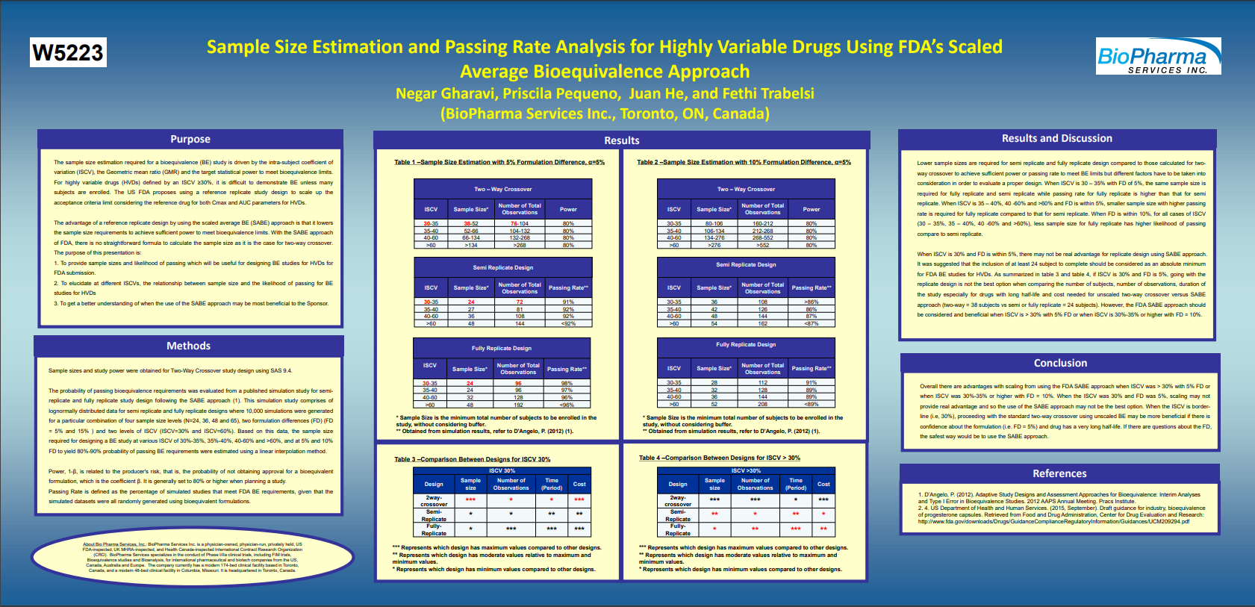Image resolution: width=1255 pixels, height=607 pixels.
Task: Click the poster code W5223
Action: coord(68,53)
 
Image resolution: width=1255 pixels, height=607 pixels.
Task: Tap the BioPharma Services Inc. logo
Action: coord(1158,57)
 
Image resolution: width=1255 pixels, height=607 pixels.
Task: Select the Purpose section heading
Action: coord(190,140)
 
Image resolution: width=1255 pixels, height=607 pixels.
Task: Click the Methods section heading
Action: coord(188,346)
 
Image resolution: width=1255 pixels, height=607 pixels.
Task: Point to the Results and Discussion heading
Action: coord(1056,139)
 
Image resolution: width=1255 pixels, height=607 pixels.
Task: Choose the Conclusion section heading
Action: coord(1060,364)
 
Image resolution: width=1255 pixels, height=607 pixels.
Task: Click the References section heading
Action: coord(1059,474)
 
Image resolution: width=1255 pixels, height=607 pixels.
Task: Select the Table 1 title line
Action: coord(499,162)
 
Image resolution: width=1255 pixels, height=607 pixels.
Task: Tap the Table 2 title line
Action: coord(744,162)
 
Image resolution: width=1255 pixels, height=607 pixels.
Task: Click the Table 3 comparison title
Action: coord(472,459)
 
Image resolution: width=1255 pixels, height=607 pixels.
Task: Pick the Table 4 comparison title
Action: coord(719,458)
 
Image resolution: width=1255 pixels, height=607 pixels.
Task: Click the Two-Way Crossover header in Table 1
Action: coord(503,190)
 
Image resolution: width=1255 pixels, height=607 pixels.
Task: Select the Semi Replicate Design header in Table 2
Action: coord(746,265)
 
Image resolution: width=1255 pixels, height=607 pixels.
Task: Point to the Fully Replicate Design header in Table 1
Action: coord(502,349)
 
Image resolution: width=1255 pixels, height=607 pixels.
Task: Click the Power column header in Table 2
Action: coord(812,210)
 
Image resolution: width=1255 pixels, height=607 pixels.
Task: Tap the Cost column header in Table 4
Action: coord(823,485)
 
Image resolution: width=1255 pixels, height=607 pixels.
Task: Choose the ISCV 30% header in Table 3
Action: coord(502,471)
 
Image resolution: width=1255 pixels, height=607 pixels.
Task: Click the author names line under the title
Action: coord(605,94)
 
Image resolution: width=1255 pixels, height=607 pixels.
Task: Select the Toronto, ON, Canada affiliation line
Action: coord(605,114)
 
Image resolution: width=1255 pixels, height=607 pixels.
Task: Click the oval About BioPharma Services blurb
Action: coord(193,557)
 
